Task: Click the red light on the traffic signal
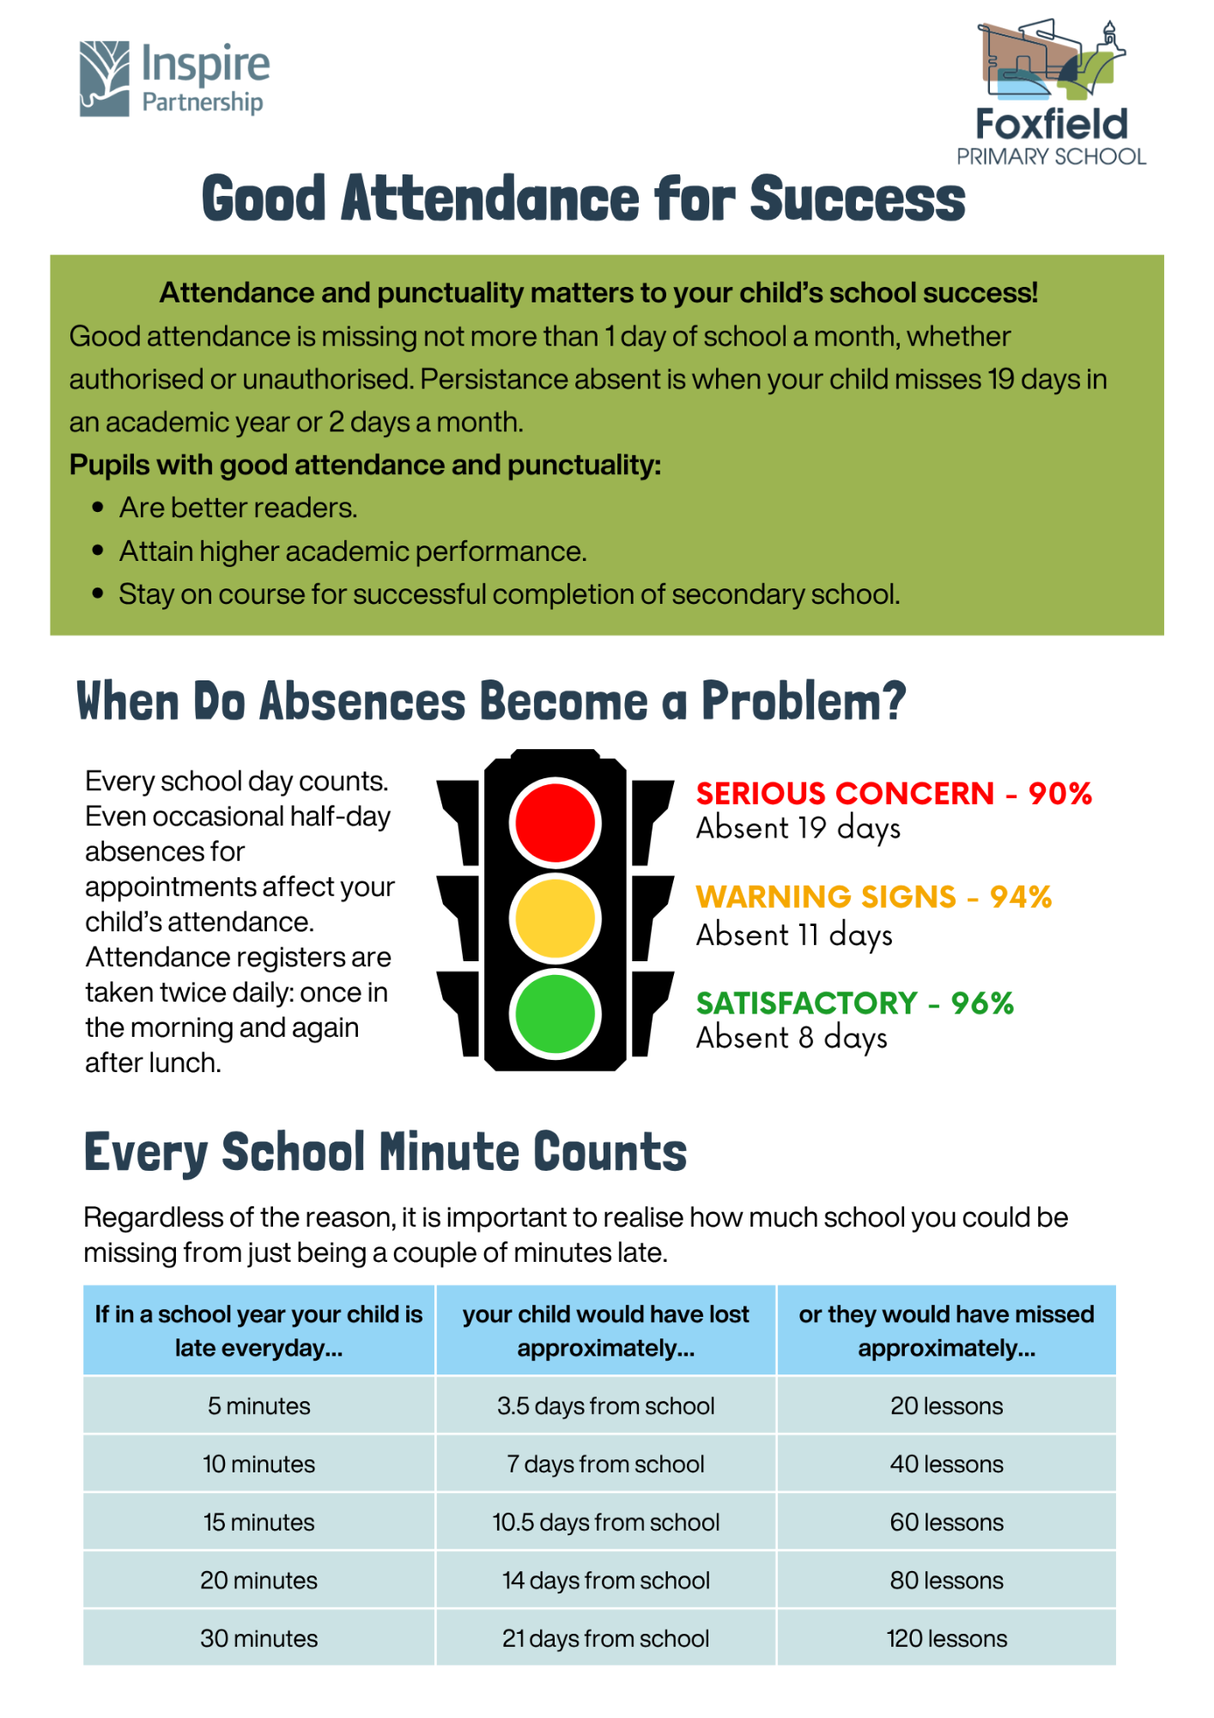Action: pyautogui.click(x=555, y=822)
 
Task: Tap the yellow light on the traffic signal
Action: pyautogui.click(x=555, y=917)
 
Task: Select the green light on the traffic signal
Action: pyautogui.click(x=555, y=1013)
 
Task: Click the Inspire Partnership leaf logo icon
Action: pyautogui.click(x=105, y=78)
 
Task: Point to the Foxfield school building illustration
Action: pyautogui.click(x=1050, y=60)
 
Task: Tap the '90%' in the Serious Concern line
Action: pyautogui.click(x=1059, y=793)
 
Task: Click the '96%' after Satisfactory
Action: pyautogui.click(x=982, y=1002)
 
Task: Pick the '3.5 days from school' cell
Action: pyautogui.click(x=605, y=1406)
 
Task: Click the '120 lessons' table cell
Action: pyautogui.click(x=946, y=1638)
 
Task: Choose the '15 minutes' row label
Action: pyautogui.click(x=258, y=1522)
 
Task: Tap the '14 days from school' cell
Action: pyautogui.click(x=605, y=1581)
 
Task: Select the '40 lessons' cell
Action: pyautogui.click(x=946, y=1464)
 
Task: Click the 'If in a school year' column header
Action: pyautogui.click(x=258, y=1331)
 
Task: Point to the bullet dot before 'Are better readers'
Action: pyautogui.click(x=98, y=508)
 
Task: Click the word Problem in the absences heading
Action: pyautogui.click(x=803, y=701)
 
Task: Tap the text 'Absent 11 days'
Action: pyautogui.click(x=794, y=935)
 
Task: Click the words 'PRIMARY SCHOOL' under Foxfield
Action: pyautogui.click(x=1051, y=156)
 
